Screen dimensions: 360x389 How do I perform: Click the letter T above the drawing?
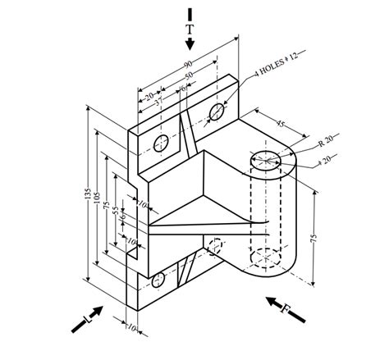[190, 30]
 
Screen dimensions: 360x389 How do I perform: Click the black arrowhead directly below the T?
[190, 43]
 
